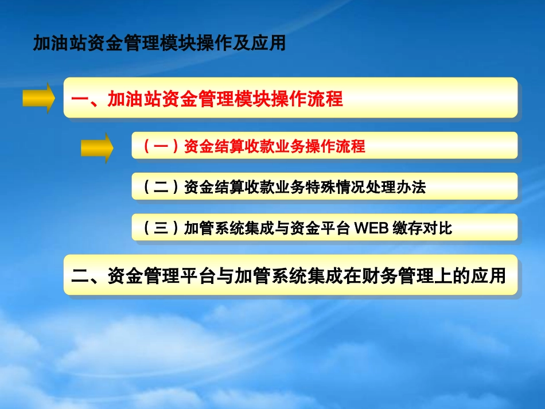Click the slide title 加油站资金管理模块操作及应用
coord(159,44)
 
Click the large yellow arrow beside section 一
coord(38,98)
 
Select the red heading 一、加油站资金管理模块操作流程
coord(207,99)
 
